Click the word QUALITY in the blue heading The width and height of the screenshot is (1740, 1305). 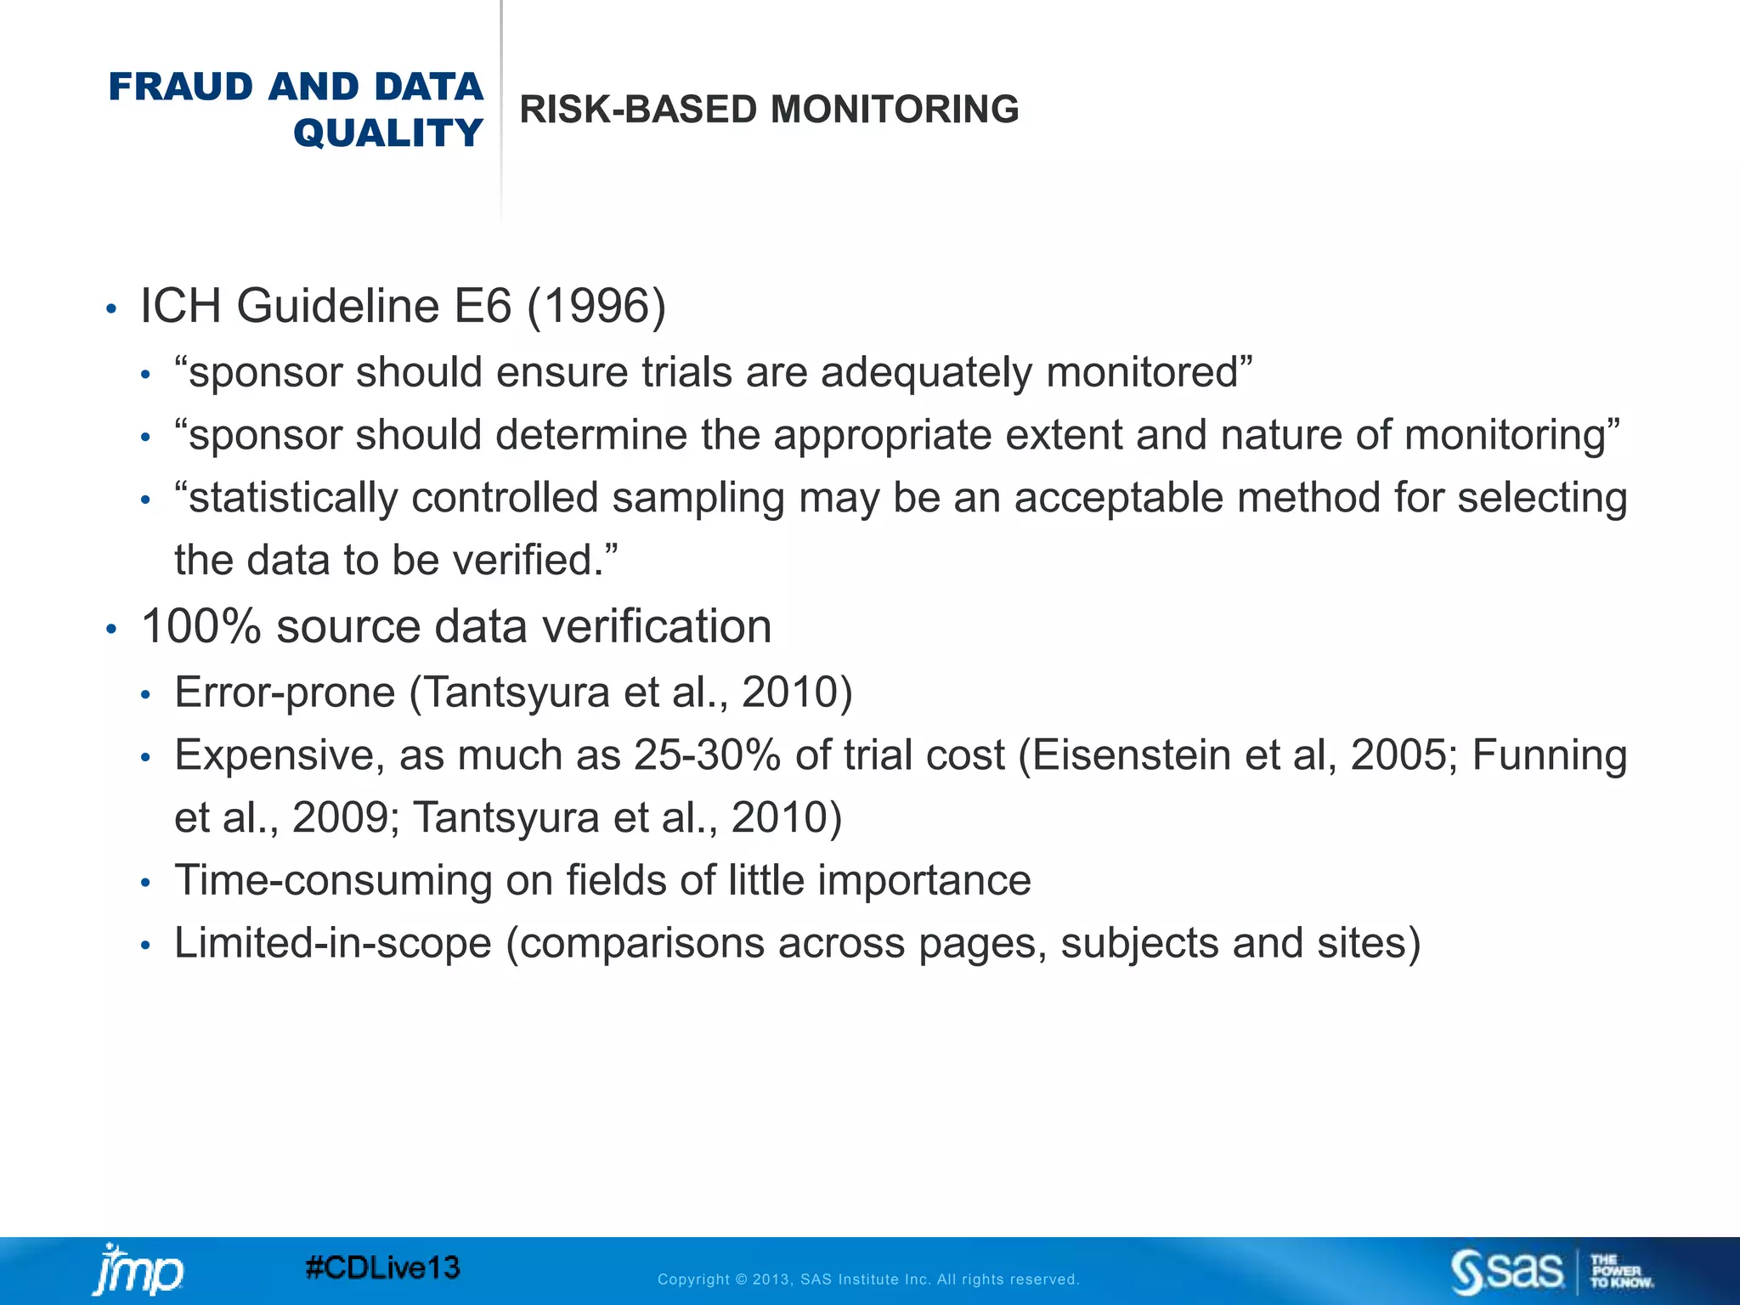[x=387, y=133]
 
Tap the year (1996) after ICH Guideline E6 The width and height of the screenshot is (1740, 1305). [x=596, y=306]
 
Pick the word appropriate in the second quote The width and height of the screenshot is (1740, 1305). [x=882, y=435]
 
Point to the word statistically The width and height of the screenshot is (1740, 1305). [x=293, y=498]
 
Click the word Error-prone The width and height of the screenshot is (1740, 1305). [x=285, y=692]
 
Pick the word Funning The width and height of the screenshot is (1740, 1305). [x=1549, y=755]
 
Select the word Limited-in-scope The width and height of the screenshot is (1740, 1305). [x=333, y=944]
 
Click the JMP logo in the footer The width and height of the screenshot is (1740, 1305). [x=137, y=1270]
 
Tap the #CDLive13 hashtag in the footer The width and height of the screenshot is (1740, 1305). [x=382, y=1268]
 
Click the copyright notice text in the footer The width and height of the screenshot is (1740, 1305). [x=868, y=1280]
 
